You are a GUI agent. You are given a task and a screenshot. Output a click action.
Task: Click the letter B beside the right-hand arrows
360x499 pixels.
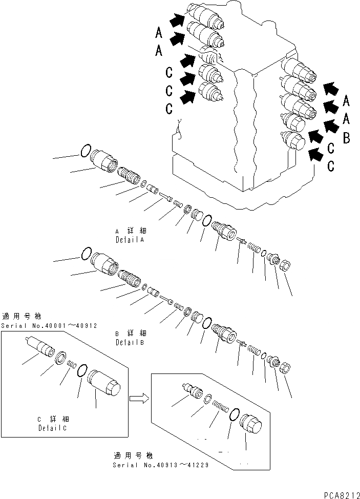click(347, 138)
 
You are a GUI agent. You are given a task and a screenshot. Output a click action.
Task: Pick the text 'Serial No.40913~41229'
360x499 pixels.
click(160, 465)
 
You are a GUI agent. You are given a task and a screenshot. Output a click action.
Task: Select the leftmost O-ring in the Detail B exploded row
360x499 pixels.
click(86, 253)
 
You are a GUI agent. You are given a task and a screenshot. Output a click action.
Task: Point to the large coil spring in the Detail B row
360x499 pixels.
click(128, 280)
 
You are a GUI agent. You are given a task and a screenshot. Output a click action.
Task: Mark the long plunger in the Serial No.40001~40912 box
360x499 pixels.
click(40, 349)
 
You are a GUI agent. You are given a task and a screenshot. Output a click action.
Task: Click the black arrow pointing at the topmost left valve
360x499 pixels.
click(177, 20)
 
